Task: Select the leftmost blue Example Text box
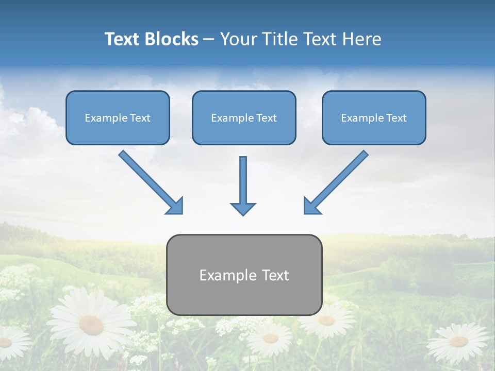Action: pos(118,117)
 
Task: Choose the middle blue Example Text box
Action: pos(244,117)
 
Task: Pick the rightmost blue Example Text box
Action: pos(374,117)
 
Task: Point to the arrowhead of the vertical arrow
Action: pos(243,208)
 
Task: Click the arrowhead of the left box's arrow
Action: pos(175,206)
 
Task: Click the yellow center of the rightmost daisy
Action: pos(458,341)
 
